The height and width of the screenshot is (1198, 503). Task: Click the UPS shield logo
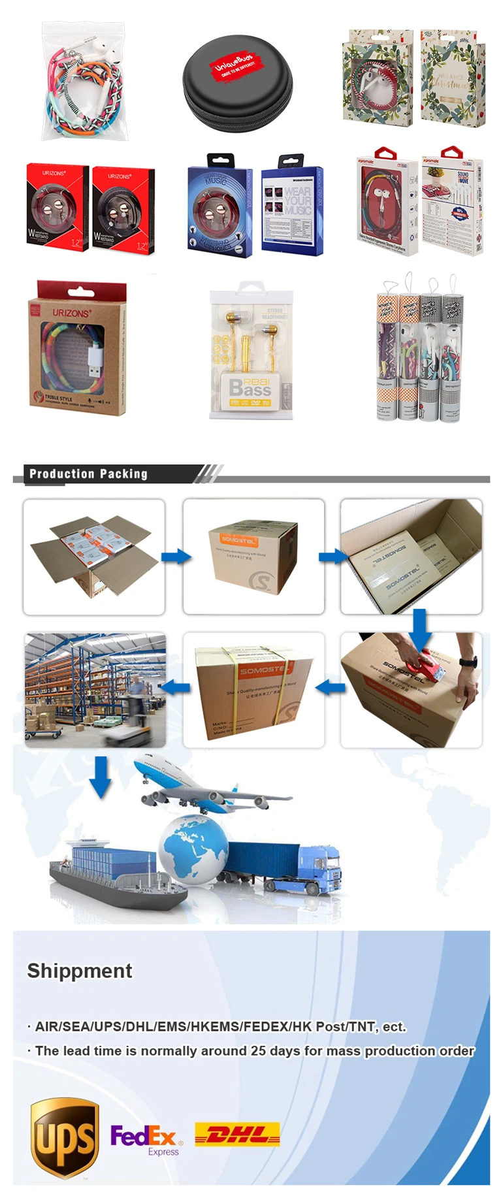(x=65, y=1139)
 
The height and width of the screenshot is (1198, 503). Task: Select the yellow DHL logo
(x=237, y=1135)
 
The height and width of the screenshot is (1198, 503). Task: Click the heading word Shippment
(x=80, y=971)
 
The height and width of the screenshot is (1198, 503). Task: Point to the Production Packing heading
(x=88, y=474)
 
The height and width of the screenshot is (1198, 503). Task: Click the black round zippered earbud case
(x=238, y=83)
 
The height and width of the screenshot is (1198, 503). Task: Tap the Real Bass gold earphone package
(x=251, y=353)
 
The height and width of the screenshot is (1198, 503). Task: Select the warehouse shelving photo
(x=95, y=689)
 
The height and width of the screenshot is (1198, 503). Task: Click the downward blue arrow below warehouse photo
(x=101, y=776)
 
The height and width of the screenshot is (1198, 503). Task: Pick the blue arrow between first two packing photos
(x=175, y=557)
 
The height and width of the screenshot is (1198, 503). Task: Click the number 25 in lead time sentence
(x=258, y=1051)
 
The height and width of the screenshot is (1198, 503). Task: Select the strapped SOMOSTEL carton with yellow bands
(x=254, y=690)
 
